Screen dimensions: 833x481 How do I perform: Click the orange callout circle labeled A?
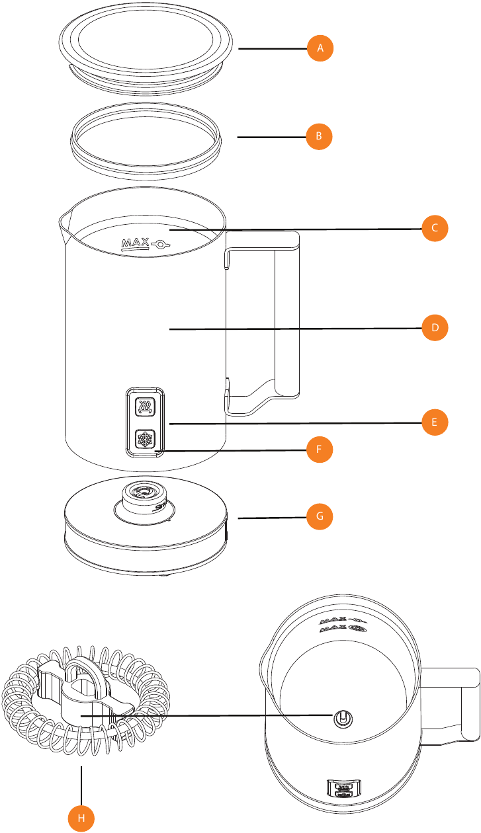pyautogui.click(x=320, y=48)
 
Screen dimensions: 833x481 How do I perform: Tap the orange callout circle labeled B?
pyautogui.click(x=318, y=137)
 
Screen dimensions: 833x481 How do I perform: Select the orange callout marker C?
pyautogui.click(x=435, y=229)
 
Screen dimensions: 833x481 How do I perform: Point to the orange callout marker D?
pyautogui.click(x=435, y=327)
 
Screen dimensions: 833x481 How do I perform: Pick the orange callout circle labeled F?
pyautogui.click(x=318, y=450)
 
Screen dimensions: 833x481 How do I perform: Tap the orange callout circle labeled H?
pyautogui.click(x=81, y=818)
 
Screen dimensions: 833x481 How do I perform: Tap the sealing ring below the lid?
pyautogui.click(x=146, y=140)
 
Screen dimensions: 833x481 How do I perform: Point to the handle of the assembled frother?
pyautogui.click(x=457, y=701)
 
